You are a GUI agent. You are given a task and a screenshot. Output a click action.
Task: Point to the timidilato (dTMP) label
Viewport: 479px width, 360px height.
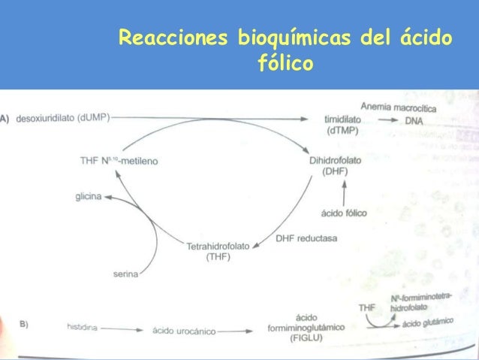click(341, 125)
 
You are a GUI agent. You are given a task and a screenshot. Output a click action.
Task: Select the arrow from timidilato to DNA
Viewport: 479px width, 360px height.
click(387, 121)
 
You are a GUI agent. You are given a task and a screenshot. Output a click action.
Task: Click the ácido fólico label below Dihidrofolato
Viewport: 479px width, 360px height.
click(344, 213)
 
